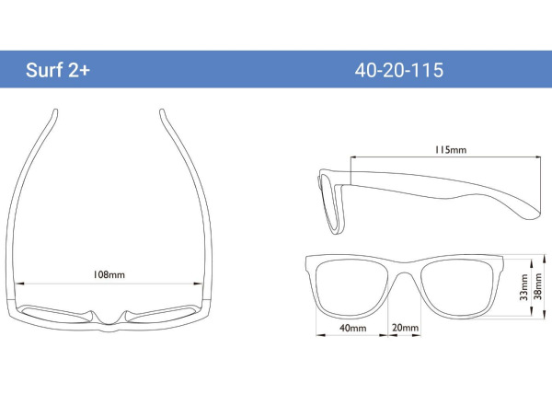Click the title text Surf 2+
coord(58,70)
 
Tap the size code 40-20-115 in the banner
coord(399,70)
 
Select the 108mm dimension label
coord(109,274)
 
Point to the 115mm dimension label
coord(451,150)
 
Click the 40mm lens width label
coord(352,328)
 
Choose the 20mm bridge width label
coord(405,328)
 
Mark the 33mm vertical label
coord(523,287)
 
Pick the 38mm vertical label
coord(538,286)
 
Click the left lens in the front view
coord(351,288)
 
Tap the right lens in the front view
coord(457,288)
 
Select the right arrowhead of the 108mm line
coord(199,284)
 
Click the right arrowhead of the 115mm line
coord(537,157)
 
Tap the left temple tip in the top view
coord(55,112)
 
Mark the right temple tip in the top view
coord(162,112)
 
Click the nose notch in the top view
coord(109,320)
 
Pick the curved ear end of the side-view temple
coord(530,210)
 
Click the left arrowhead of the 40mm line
coord(320,335)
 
